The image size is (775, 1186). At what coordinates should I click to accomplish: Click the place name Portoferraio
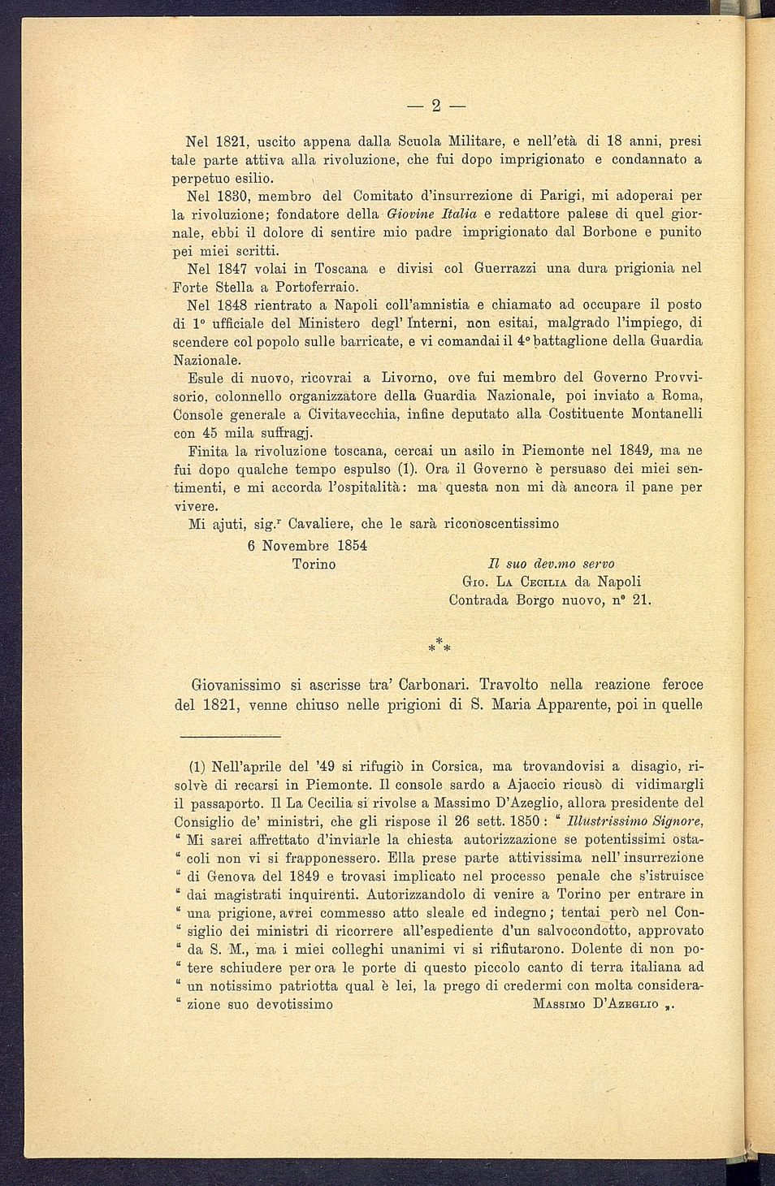pos(316,288)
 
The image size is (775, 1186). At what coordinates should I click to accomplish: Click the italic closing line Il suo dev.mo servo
pos(551,564)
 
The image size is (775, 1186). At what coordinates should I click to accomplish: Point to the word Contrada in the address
pos(479,600)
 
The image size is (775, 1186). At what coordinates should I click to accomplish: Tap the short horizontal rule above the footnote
pos(230,736)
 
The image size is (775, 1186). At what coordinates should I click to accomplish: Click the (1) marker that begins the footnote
pos(197,766)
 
